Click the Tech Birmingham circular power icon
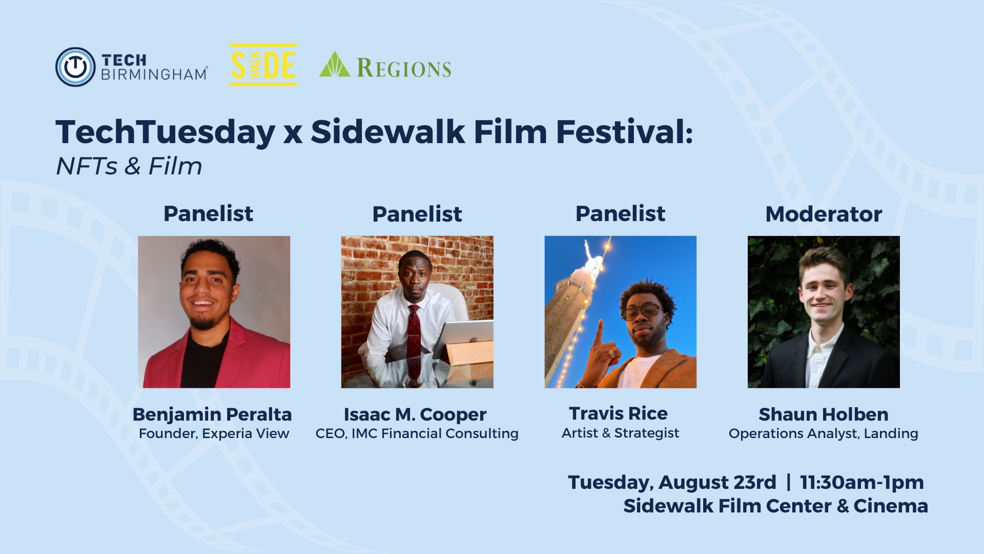pos(75,67)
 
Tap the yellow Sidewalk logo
pos(263,65)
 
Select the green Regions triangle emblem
pos(335,64)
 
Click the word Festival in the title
pos(624,132)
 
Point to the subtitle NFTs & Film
pos(129,166)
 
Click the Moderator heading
pos(824,214)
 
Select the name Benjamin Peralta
pos(212,414)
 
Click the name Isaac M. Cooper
pos(415,414)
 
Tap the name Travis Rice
pos(618,413)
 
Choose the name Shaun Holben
pos(824,414)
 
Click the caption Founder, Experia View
pos(214,433)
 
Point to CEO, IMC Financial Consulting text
pos(417,433)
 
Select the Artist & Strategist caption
pos(620,433)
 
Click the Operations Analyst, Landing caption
pos(824,433)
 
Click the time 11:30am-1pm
pos(862,482)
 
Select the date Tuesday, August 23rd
pos(672,483)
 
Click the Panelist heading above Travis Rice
pos(620,213)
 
